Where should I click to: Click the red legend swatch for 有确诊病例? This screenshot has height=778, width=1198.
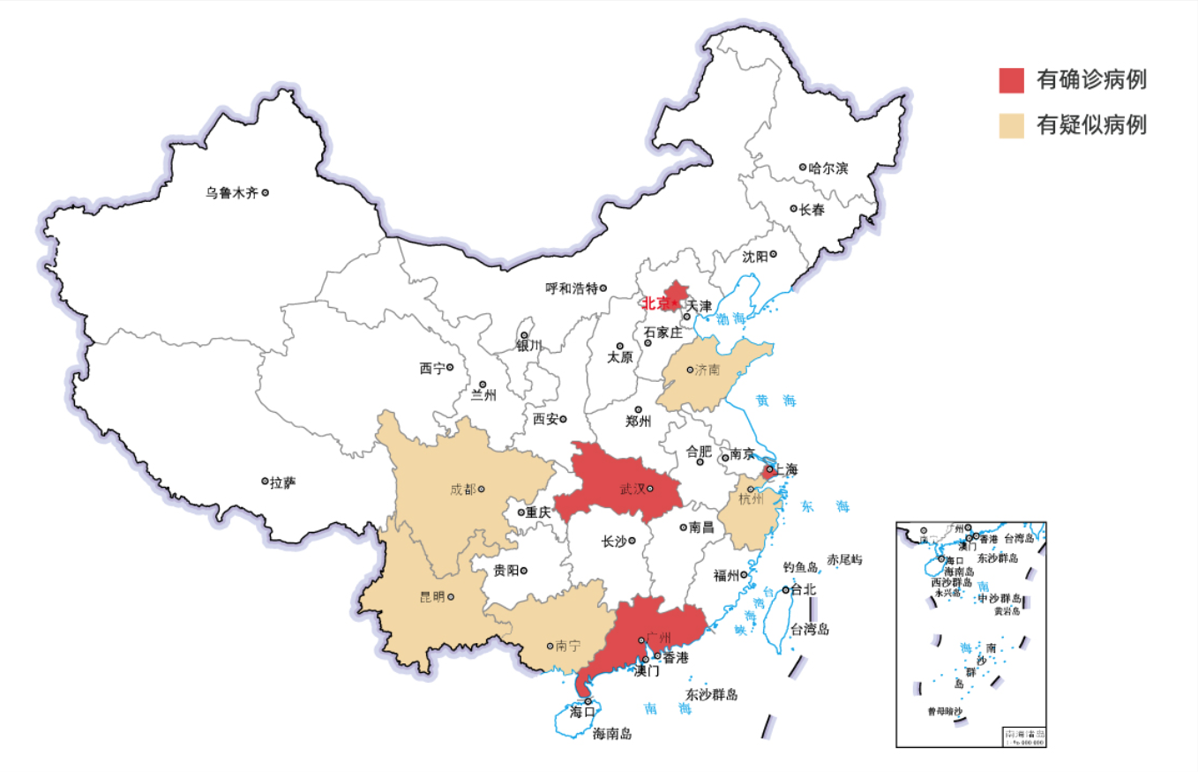[1011, 79]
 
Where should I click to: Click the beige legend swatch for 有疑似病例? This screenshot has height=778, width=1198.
[1011, 125]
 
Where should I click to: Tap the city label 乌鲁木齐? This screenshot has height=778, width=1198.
[232, 192]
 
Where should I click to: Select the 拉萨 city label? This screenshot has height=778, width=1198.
[283, 482]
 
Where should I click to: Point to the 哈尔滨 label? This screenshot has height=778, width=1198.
[828, 168]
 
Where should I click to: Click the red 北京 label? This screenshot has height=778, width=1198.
[655, 303]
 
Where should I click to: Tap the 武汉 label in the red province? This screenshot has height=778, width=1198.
[632, 489]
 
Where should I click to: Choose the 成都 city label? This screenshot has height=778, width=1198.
[461, 489]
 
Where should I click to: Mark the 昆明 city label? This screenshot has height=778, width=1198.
[432, 597]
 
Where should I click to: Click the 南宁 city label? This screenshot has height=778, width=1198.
[568, 646]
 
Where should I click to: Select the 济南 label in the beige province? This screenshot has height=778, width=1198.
[707, 370]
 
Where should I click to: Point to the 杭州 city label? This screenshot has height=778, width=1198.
[751, 500]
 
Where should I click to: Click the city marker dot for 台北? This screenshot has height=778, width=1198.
[785, 590]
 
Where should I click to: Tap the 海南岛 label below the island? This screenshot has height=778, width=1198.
[612, 733]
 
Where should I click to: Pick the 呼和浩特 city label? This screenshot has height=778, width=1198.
[572, 288]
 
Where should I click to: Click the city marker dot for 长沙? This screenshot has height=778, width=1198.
[633, 541]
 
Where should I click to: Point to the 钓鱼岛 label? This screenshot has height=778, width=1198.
[801, 566]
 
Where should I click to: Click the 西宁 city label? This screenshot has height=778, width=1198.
[432, 369]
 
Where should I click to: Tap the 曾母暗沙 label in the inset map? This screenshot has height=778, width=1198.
[944, 711]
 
